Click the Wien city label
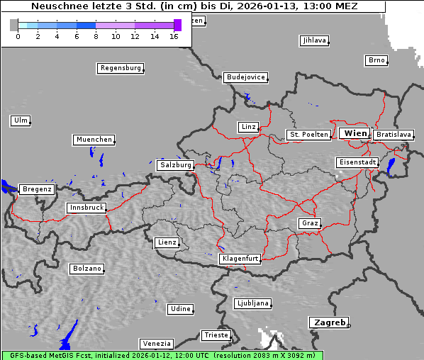(355, 133)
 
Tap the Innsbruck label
(86, 208)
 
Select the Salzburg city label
(175, 165)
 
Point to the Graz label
(309, 223)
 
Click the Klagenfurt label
(240, 259)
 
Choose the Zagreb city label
(328, 322)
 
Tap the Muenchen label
(94, 140)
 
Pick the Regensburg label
(120, 68)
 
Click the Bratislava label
(394, 134)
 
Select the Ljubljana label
(252, 303)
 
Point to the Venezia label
(156, 344)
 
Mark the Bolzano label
(87, 269)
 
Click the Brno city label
(376, 60)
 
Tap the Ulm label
(21, 120)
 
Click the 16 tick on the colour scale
(174, 36)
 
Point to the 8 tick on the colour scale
(96, 36)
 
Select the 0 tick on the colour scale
(18, 36)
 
